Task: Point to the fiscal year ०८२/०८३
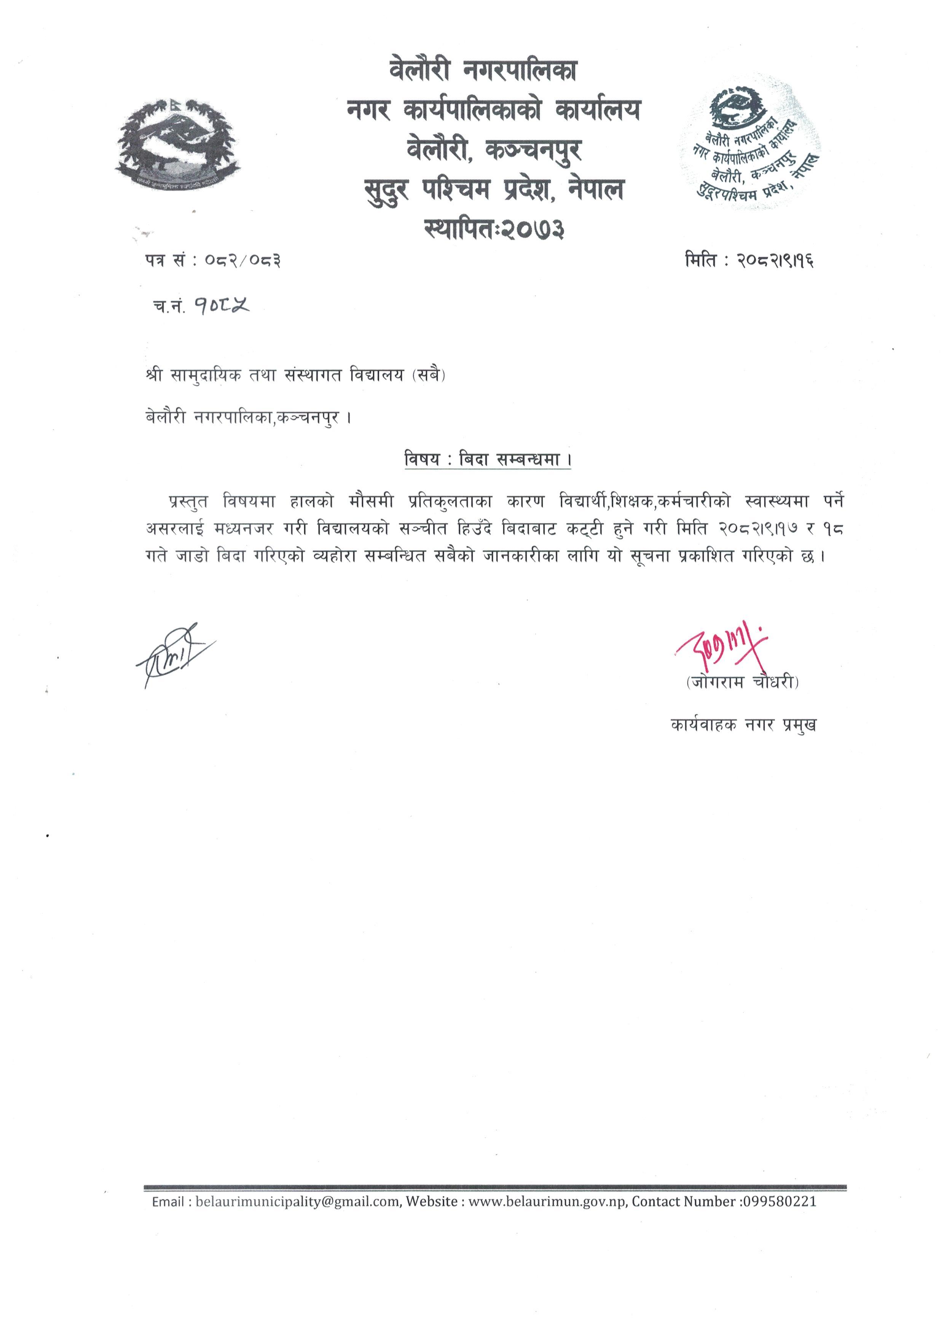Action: (242, 261)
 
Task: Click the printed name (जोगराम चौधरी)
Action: (742, 683)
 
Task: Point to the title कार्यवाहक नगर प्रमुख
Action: (743, 725)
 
